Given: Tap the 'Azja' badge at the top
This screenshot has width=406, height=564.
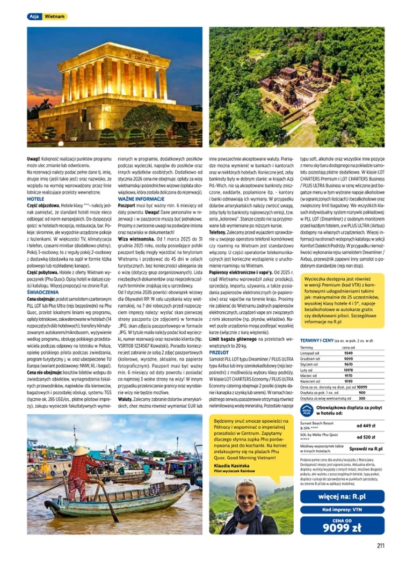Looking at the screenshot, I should click(33, 17).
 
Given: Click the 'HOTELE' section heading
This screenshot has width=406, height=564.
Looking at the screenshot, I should click(35, 199).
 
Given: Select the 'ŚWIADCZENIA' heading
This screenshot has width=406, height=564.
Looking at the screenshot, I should click(44, 292).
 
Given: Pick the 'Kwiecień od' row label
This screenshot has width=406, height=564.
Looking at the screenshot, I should click(310, 382).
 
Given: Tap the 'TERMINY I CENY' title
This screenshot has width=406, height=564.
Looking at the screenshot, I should click(317, 340).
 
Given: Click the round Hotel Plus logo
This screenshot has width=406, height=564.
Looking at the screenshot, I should click(307, 409).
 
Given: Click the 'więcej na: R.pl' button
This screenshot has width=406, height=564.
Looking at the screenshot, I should click(342, 496).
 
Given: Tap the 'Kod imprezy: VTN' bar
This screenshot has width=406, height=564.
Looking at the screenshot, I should click(342, 510).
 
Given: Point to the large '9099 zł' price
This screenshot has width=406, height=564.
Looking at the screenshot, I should click(342, 528).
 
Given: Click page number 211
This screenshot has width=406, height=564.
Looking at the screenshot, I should click(380, 546).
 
